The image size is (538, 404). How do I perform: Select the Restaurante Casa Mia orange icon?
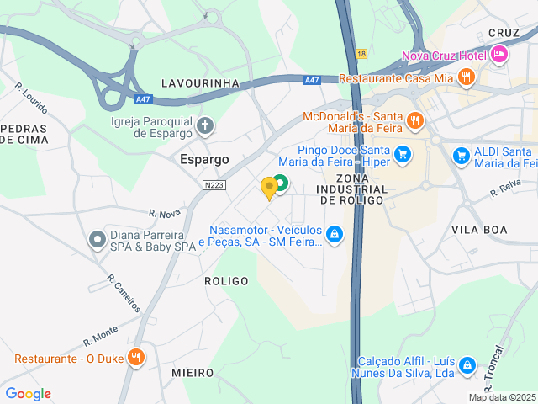coord(467,78)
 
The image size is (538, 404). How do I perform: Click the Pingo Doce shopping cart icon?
coord(403,154)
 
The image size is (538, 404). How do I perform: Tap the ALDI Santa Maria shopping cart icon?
coord(461,156)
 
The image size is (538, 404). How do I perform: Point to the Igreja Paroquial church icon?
coord(205,127)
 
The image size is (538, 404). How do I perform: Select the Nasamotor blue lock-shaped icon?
coord(335,234)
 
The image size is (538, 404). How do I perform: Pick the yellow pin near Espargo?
coord(269,188)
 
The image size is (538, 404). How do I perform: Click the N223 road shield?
coord(214,184)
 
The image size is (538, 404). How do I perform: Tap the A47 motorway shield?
coord(311,80)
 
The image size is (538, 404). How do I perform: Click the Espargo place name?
coord(205,158)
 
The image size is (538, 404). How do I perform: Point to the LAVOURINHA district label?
coord(201,83)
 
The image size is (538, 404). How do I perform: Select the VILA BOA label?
coord(479,229)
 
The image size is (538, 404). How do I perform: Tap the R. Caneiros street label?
coord(124,292)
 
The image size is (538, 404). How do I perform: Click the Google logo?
coord(28,394)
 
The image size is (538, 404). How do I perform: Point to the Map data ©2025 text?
coord(502,397)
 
